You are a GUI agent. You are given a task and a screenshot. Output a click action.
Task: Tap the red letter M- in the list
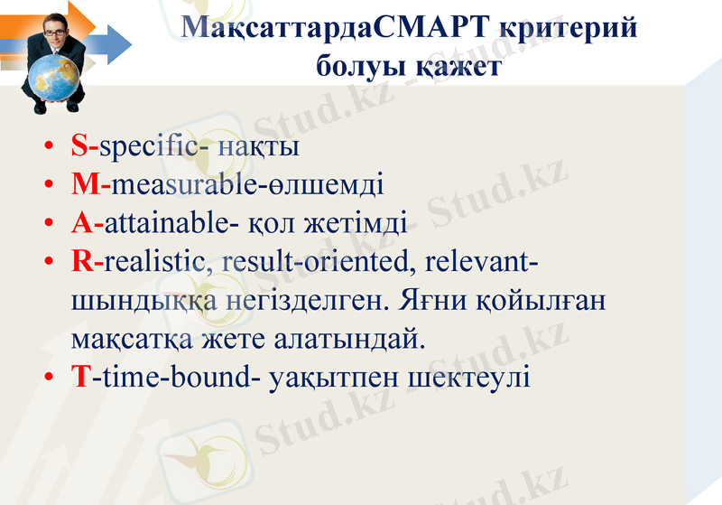(x=90, y=185)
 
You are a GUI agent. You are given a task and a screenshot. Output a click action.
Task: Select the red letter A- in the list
(x=88, y=223)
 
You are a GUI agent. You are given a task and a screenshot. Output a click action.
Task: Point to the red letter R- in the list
(x=88, y=262)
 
